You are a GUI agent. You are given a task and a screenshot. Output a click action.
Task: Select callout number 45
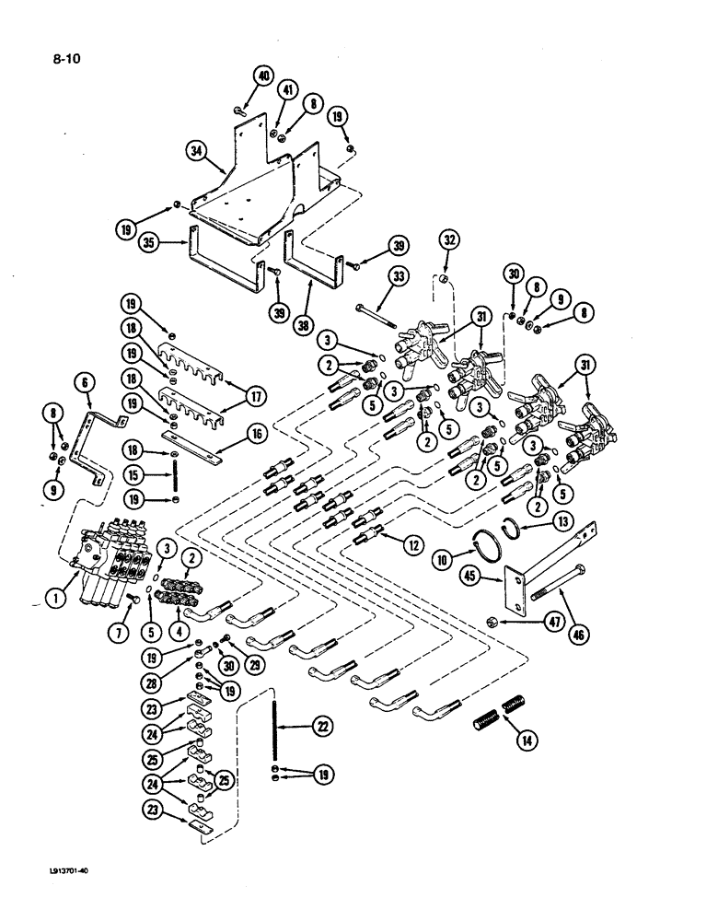(x=475, y=577)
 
